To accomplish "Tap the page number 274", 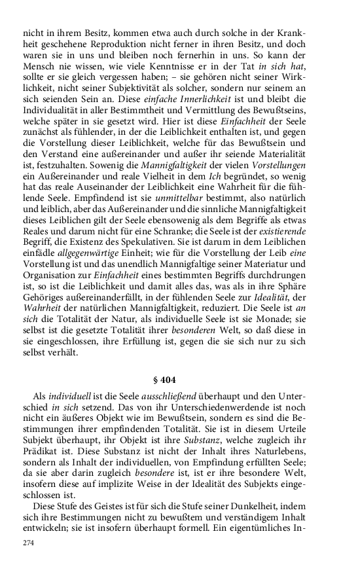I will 29,543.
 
